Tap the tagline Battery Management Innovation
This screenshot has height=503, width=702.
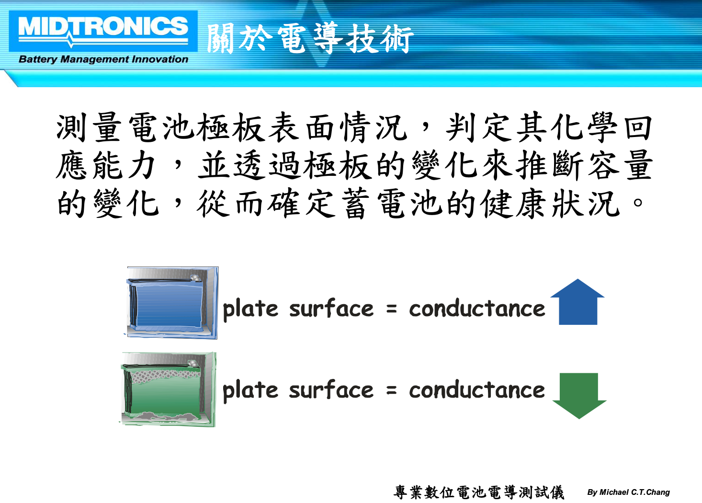103,59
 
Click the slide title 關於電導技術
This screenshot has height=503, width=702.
310,38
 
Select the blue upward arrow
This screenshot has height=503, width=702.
577,302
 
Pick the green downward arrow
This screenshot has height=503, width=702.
579,396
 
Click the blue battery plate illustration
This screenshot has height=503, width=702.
172,303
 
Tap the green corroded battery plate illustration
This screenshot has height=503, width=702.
168,389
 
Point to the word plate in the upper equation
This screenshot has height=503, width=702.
250,309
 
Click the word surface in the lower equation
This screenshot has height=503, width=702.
331,389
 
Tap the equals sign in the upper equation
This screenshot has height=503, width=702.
391,309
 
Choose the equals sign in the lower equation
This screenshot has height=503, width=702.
391,390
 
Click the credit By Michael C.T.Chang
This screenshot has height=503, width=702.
628,492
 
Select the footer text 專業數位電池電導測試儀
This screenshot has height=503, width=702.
479,492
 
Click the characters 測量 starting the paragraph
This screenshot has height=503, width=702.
89,127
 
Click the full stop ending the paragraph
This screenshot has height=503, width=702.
637,202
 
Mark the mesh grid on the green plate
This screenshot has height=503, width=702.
166,376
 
